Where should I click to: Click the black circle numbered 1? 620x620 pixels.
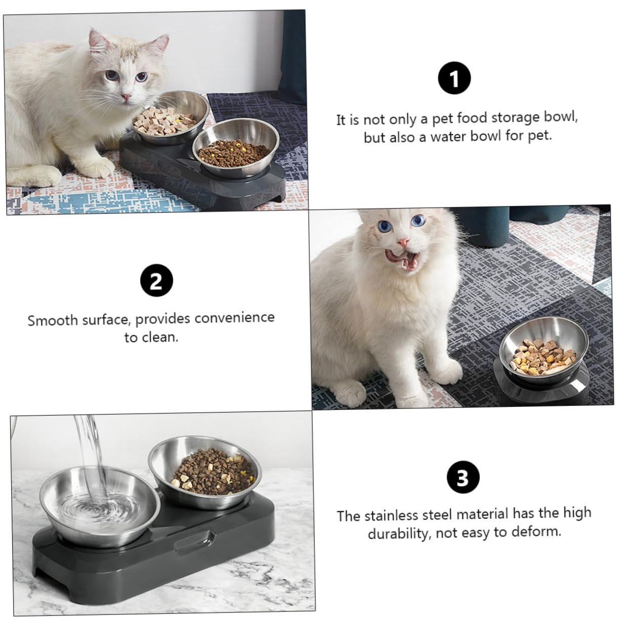pos(454,79)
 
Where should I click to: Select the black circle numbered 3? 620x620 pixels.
pos(463,477)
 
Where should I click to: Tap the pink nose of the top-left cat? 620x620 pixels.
pos(127,96)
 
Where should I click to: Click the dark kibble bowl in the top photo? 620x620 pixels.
pos(233,149)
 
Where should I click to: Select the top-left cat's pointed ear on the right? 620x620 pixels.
pos(160,45)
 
